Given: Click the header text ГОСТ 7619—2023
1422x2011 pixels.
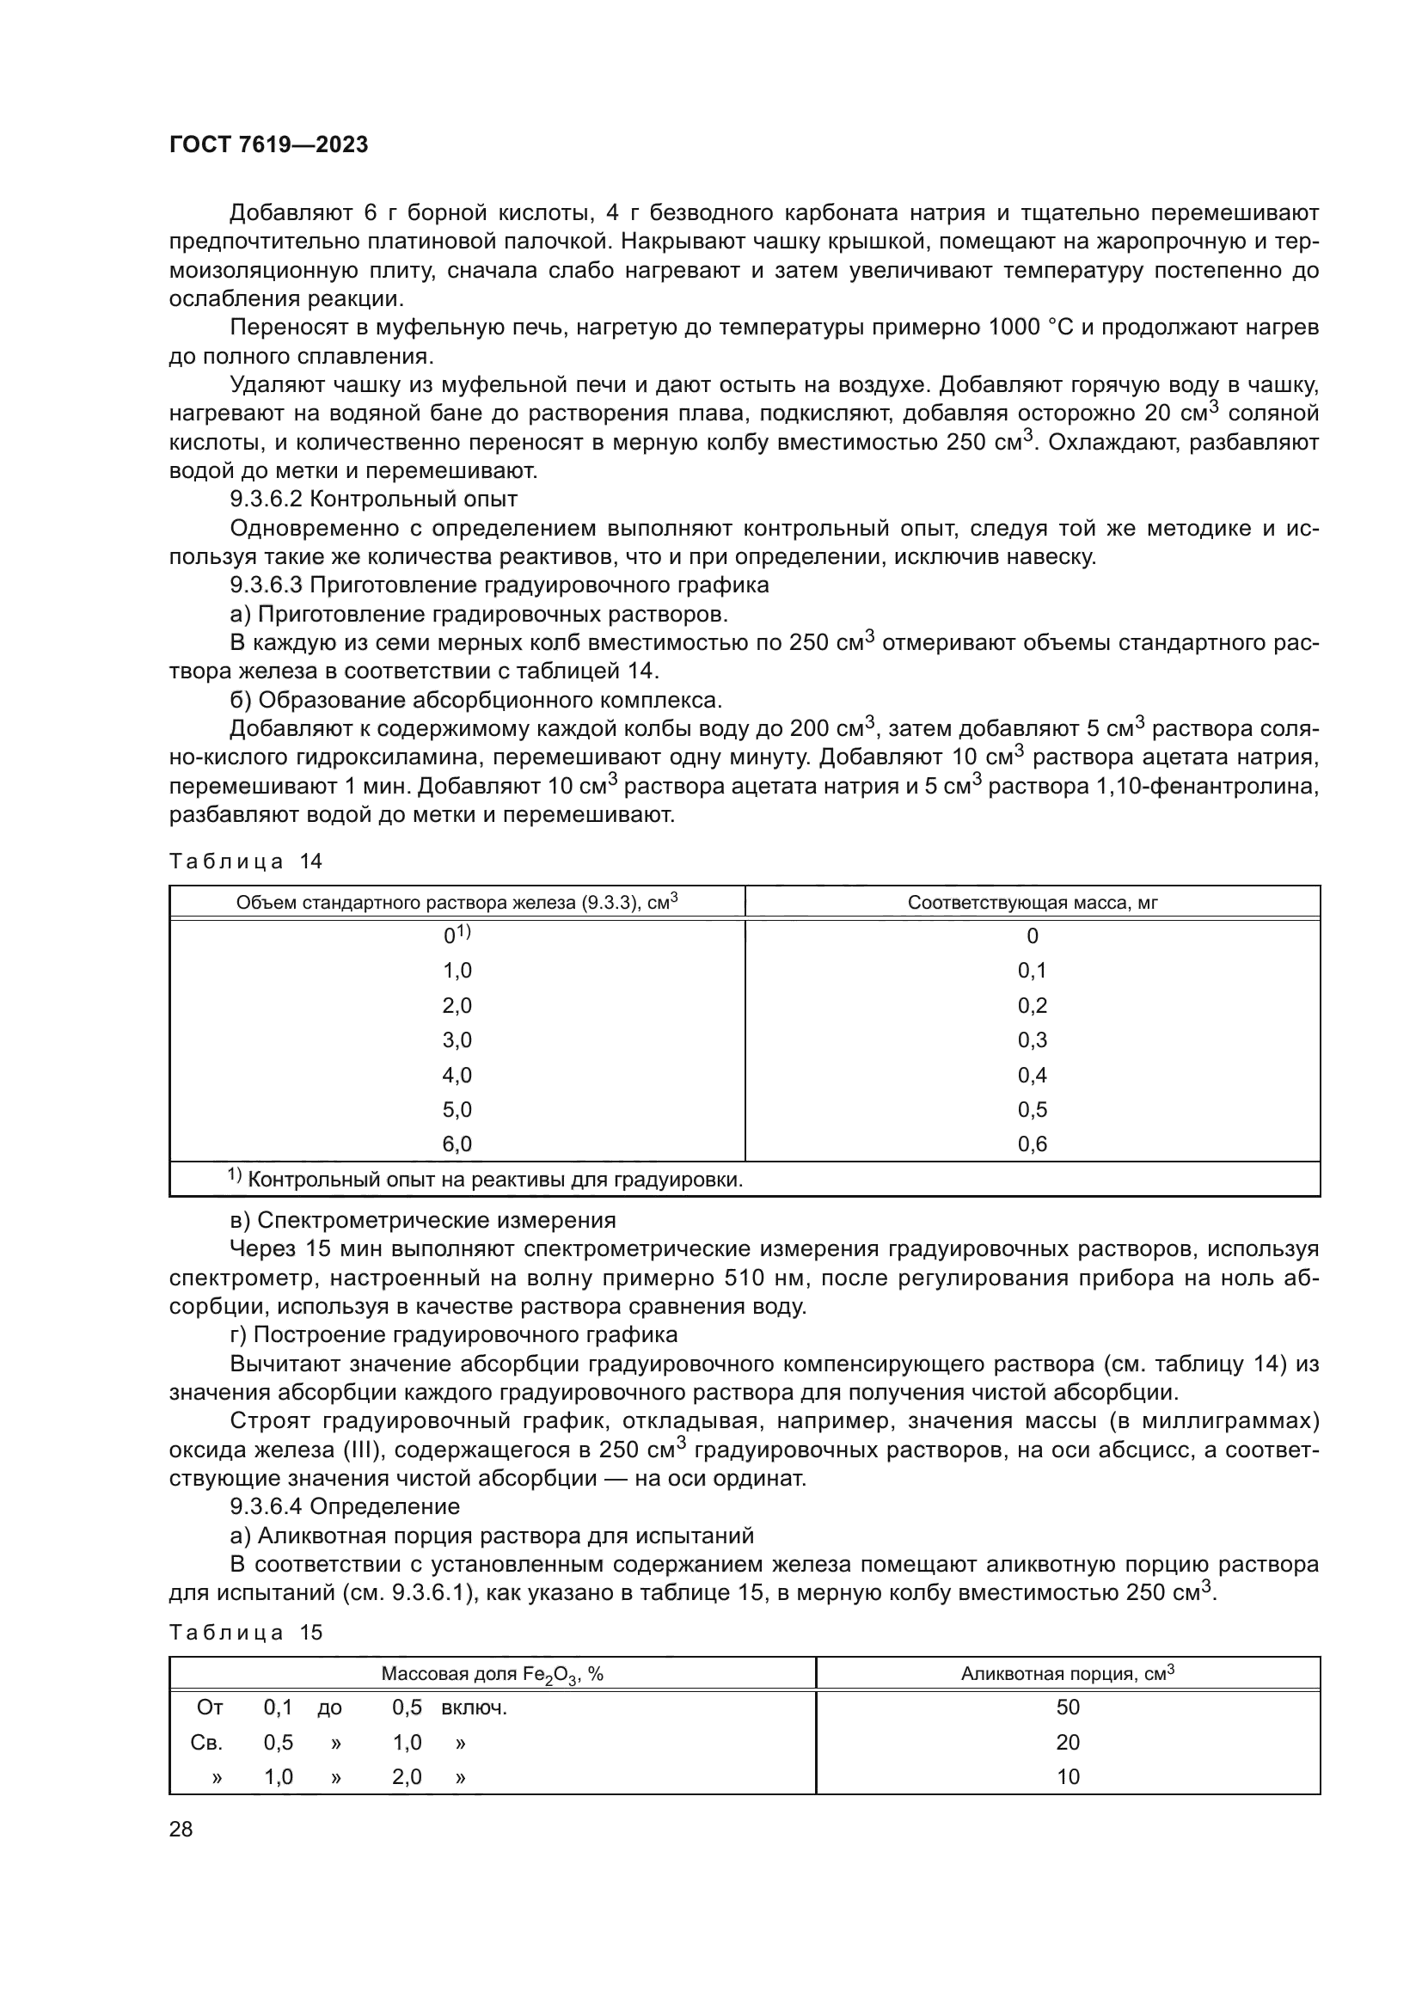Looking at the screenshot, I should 268,145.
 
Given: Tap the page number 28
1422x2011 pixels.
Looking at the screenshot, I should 181,1829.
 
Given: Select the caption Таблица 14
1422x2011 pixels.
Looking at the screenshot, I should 246,861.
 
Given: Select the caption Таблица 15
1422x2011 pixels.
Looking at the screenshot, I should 246,1633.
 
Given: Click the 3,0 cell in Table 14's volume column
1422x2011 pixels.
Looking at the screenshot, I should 457,1040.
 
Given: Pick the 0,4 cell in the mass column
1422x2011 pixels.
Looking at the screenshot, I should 1032,1076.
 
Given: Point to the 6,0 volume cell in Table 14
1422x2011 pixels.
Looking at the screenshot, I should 457,1144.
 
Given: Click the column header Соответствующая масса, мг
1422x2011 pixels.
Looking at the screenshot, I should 1032,903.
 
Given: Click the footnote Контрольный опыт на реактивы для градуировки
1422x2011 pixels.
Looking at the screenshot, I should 494,1180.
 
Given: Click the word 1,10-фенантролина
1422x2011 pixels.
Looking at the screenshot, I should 1207,787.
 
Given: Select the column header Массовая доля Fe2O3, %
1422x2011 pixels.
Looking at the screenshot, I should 492,1675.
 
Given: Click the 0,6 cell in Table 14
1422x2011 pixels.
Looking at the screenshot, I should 1032,1144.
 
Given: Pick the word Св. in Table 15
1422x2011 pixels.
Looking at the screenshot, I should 206,1743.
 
